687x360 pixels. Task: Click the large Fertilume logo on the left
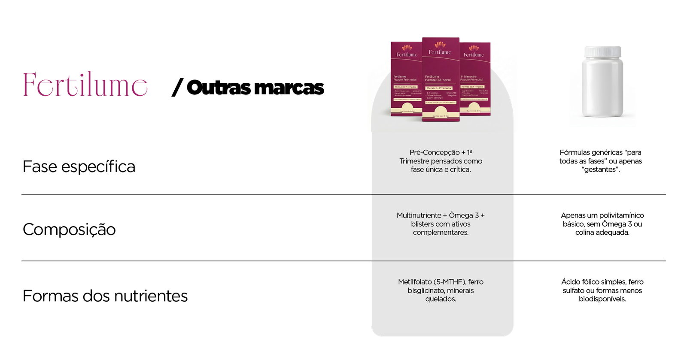click(85, 85)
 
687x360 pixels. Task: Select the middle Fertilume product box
click(441, 79)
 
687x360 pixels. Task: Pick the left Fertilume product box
click(406, 79)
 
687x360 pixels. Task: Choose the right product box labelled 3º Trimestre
click(475, 79)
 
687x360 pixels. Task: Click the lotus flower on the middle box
click(441, 45)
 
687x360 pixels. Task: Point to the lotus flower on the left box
click(407, 48)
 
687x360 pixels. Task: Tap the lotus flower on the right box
click(474, 48)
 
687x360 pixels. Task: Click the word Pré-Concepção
click(434, 153)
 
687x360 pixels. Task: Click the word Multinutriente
click(419, 215)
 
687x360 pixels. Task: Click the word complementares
click(441, 233)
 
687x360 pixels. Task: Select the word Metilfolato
click(415, 282)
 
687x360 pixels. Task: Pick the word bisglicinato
click(426, 290)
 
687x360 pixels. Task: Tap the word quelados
click(441, 299)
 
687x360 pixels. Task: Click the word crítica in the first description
click(460, 170)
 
